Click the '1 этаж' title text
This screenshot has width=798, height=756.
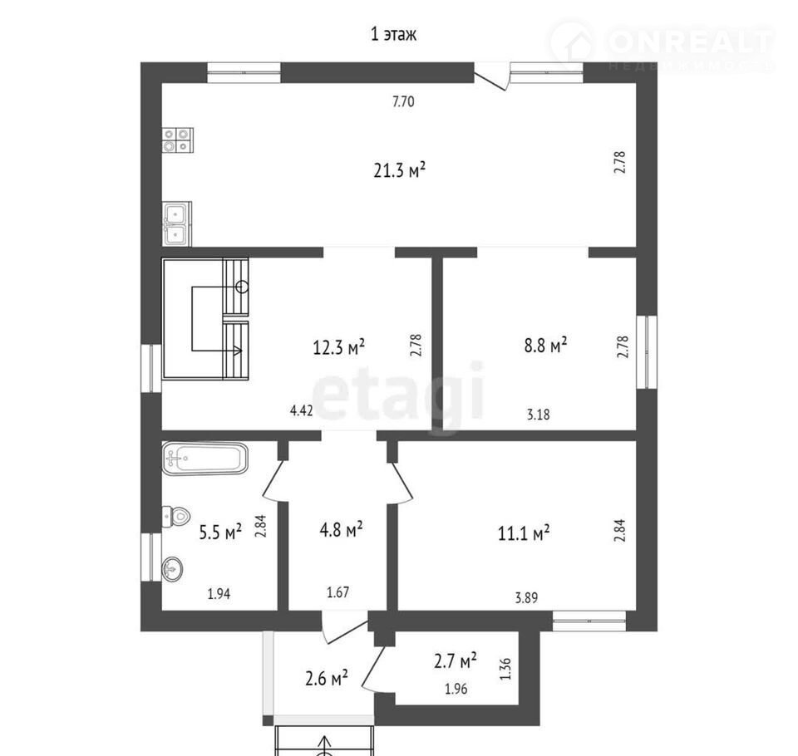[393, 34]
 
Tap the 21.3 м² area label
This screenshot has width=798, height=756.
[400, 170]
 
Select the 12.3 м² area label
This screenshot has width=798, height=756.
[338, 347]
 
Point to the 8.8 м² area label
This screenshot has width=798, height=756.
[545, 346]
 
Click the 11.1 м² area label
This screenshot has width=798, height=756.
[524, 533]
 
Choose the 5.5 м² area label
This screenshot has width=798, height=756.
[220, 533]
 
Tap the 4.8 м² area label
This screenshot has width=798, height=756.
[341, 529]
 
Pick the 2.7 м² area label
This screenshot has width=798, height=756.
[456, 660]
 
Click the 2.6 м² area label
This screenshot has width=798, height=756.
[327, 678]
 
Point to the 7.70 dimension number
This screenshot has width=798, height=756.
[403, 101]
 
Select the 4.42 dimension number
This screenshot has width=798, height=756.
[301, 410]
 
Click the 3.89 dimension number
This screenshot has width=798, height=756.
[526, 597]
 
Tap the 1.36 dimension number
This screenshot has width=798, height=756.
[505, 669]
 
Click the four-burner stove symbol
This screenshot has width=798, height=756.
[178, 140]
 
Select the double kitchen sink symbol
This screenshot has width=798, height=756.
[177, 223]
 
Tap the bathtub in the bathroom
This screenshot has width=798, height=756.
[205, 459]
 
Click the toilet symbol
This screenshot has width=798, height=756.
[176, 517]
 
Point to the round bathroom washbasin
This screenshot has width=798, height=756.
[172, 568]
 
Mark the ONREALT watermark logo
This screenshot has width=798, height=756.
[662, 45]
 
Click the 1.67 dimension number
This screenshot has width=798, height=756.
[338, 592]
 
